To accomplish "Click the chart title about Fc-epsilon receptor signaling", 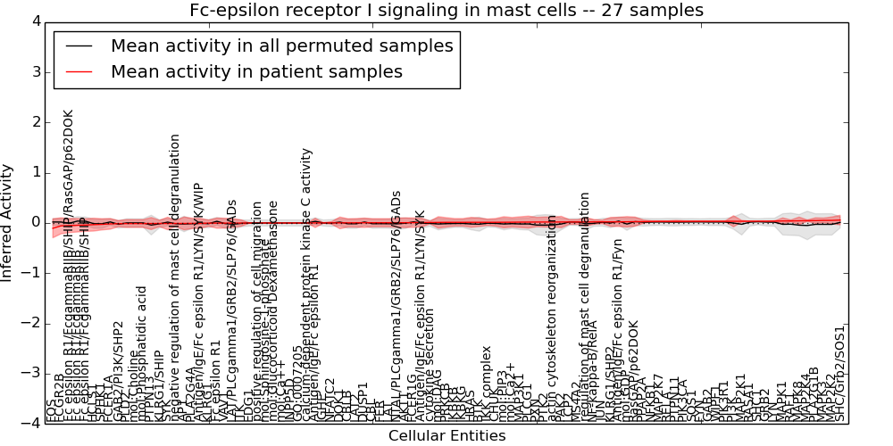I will coord(446,11).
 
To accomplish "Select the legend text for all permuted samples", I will coord(281,45).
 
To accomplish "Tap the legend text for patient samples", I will coord(256,71).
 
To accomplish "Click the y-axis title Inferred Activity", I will coord(8,222).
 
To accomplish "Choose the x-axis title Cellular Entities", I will coord(446,436).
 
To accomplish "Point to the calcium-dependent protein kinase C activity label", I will coord(307,285).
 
